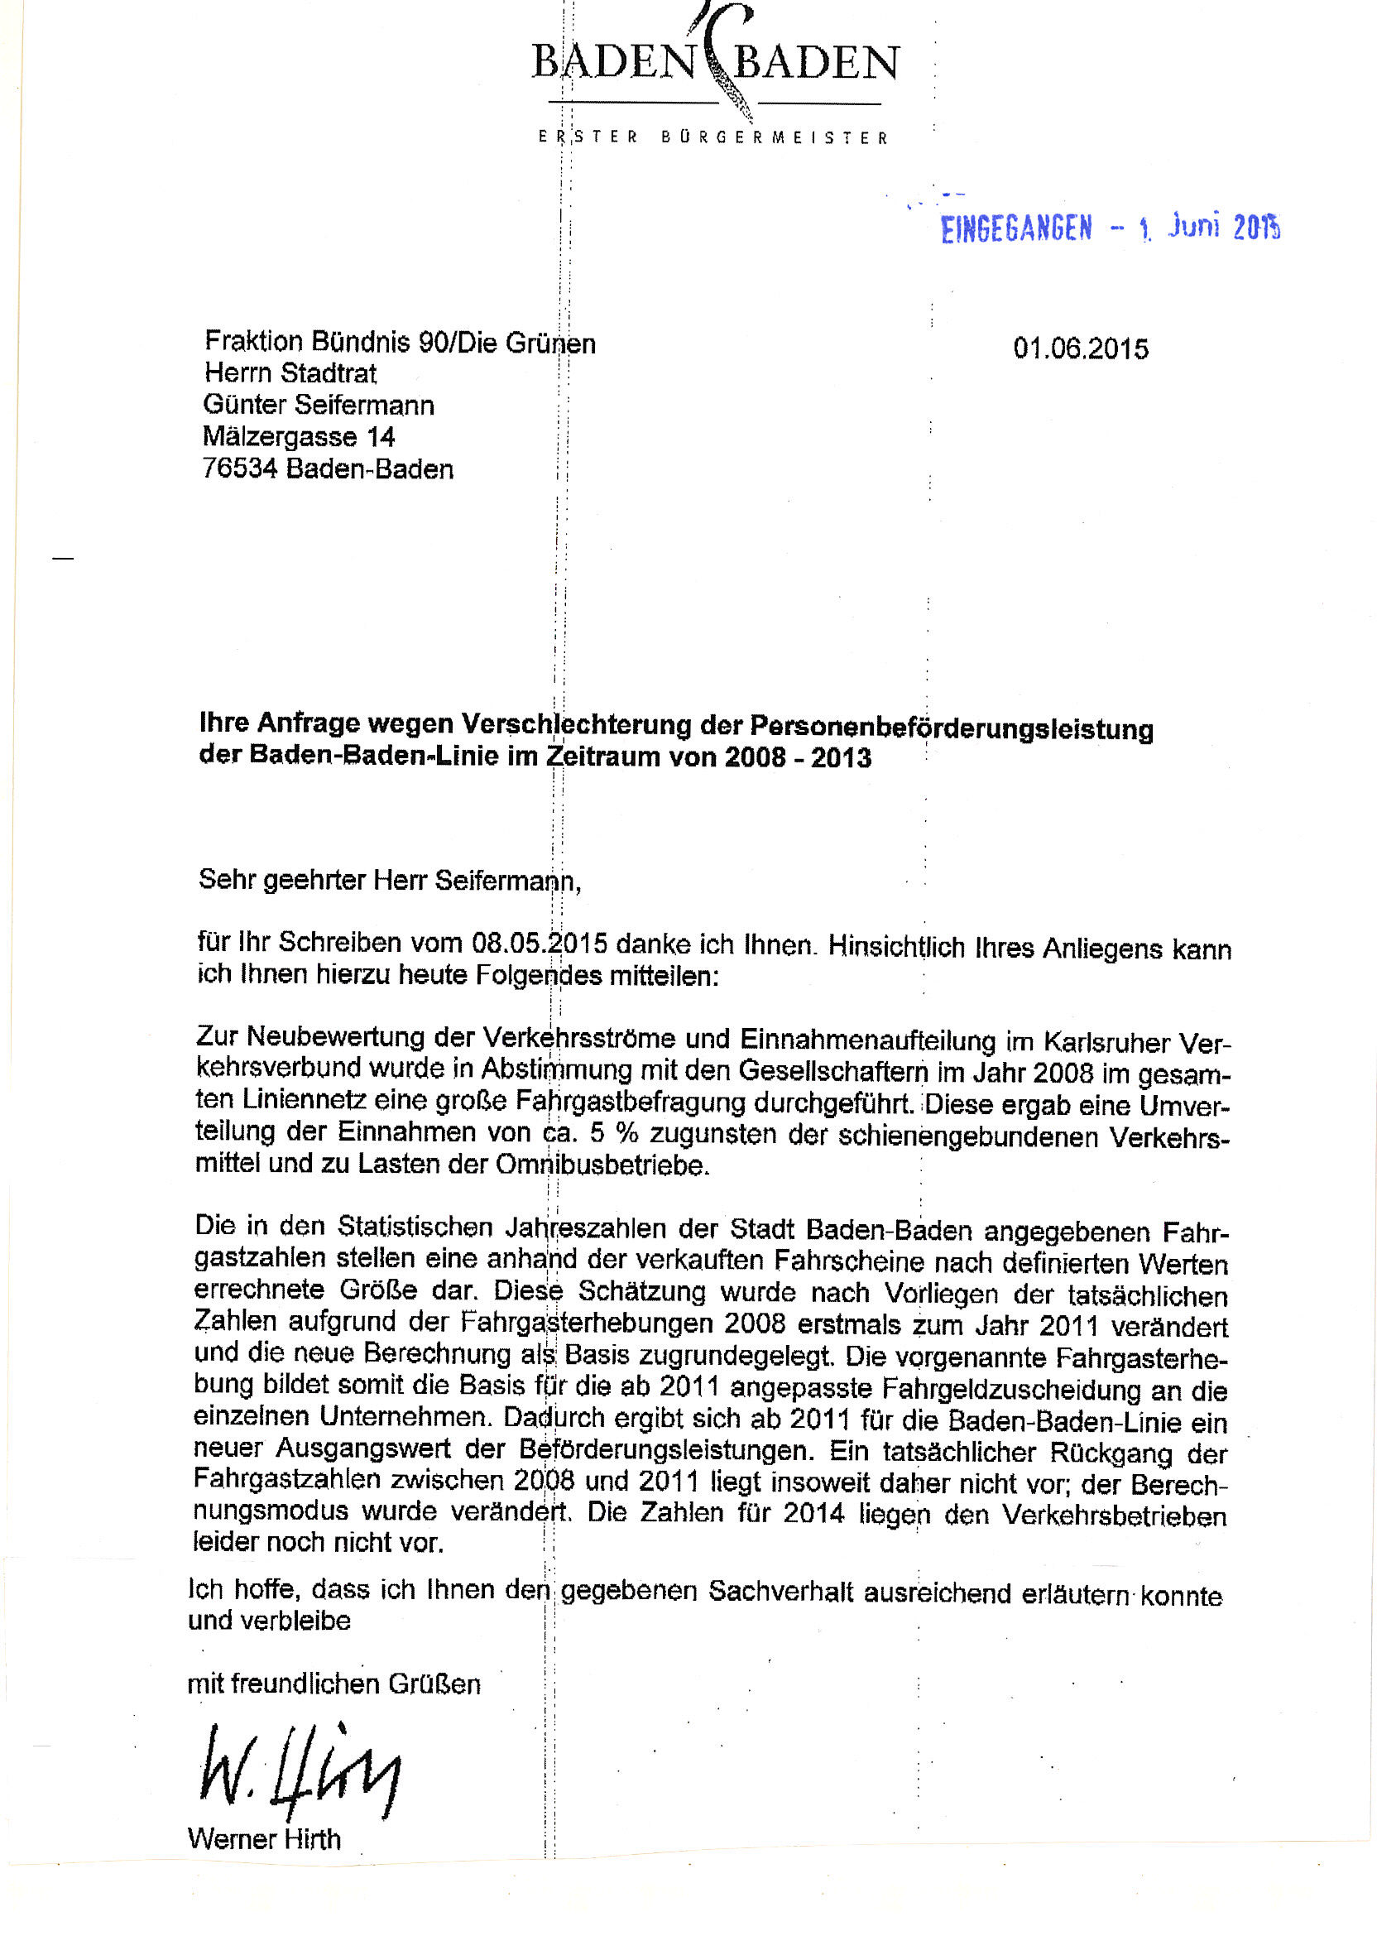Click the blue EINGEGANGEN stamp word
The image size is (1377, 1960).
click(x=1015, y=228)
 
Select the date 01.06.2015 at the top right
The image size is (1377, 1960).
click(x=1080, y=348)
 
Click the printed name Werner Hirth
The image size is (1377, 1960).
click(x=264, y=1838)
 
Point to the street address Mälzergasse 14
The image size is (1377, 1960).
click(x=298, y=436)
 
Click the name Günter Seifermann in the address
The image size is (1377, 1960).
click(x=318, y=404)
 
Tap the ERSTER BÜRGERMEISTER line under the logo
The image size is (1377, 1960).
click(x=712, y=137)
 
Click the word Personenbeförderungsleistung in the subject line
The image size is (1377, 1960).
click(x=951, y=728)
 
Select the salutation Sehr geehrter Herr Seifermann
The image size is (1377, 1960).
click(x=389, y=879)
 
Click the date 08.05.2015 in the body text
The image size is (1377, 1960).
click(x=539, y=944)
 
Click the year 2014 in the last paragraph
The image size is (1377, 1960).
click(x=813, y=1513)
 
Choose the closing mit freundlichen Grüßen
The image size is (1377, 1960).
click(x=333, y=1684)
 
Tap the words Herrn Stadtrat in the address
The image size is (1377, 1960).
click(x=290, y=372)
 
